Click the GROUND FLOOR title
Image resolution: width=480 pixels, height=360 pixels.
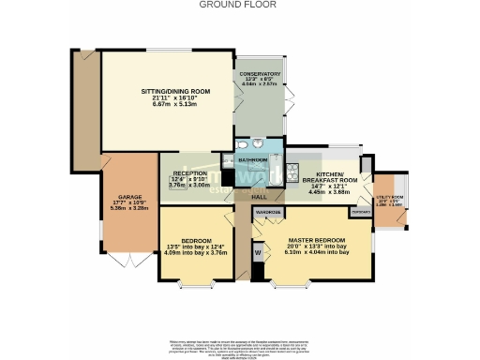pyautogui.click(x=239, y=5)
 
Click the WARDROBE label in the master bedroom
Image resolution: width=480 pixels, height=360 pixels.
pyautogui.click(x=268, y=213)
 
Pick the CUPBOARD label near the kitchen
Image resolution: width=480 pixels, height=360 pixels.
pyautogui.click(x=360, y=212)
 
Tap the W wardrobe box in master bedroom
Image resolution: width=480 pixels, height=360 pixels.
pyautogui.click(x=257, y=252)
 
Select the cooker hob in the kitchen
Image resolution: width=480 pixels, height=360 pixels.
pyautogui.click(x=293, y=172)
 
